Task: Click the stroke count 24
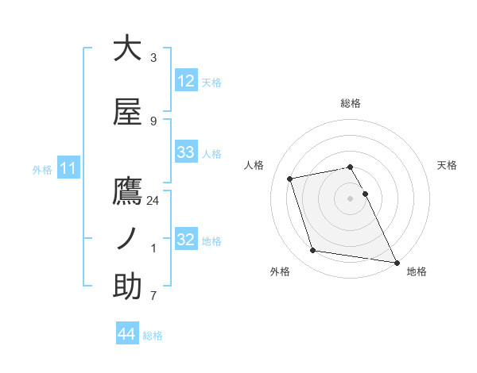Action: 153,201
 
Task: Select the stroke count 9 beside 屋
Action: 153,121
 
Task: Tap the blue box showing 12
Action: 185,80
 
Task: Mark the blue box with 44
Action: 127,334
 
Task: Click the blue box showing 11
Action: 68,168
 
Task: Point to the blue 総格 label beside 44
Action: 153,336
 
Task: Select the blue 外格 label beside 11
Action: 42,169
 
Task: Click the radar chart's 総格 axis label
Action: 351,103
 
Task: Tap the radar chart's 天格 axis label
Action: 447,165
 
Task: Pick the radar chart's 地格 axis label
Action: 417,271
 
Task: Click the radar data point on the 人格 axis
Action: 290,178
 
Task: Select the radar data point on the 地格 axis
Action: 395,261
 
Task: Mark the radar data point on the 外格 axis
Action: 312,251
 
